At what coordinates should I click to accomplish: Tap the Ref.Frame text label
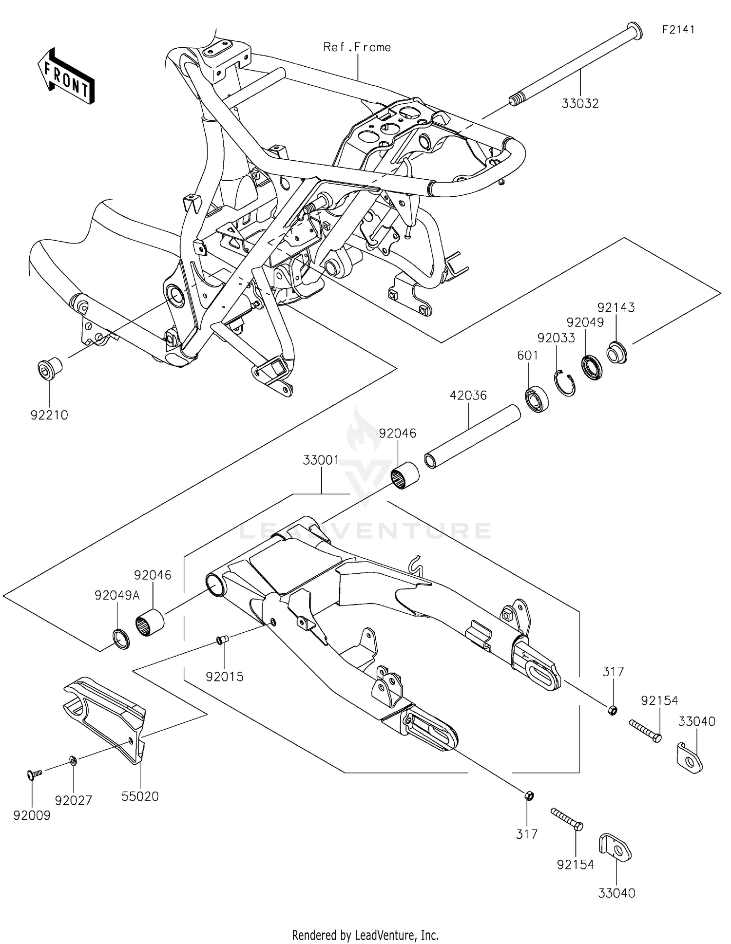click(x=357, y=47)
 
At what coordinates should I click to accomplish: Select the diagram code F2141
click(x=678, y=30)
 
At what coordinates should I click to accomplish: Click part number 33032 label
click(x=579, y=104)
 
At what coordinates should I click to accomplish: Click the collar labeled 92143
click(x=616, y=353)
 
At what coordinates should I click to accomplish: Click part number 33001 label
click(x=321, y=460)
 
